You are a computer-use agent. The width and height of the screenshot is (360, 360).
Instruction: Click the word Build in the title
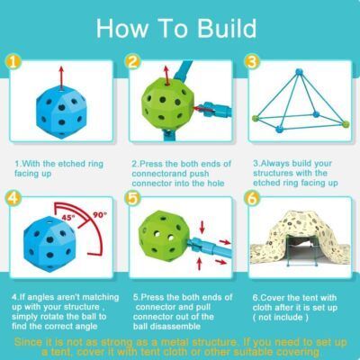point(227,28)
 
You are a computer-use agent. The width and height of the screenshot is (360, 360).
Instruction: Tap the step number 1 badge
point(13,62)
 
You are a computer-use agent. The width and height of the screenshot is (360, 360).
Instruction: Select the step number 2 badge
point(132,62)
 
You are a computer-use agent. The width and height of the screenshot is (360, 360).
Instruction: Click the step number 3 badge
point(252,62)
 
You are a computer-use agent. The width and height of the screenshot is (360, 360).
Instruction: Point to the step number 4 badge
point(13,198)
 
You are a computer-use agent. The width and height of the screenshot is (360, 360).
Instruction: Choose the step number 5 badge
point(132,198)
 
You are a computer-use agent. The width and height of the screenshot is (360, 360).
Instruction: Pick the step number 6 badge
point(252,198)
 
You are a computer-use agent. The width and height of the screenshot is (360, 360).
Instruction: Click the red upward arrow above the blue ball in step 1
point(61,77)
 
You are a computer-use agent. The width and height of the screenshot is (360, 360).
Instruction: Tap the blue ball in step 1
point(61,112)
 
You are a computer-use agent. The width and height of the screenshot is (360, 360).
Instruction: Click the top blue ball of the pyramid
point(299,72)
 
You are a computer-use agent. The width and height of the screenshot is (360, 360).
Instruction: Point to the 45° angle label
point(68,218)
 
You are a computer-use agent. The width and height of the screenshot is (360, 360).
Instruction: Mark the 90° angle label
point(101,215)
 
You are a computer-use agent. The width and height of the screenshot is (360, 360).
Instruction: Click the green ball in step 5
point(164,237)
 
